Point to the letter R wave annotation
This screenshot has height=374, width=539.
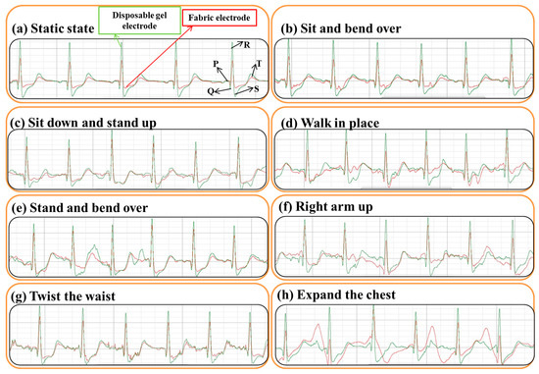coord(249,43)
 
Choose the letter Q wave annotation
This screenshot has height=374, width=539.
coord(211,89)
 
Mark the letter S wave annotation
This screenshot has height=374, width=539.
coord(257,86)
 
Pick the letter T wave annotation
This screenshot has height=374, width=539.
coord(258,65)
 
